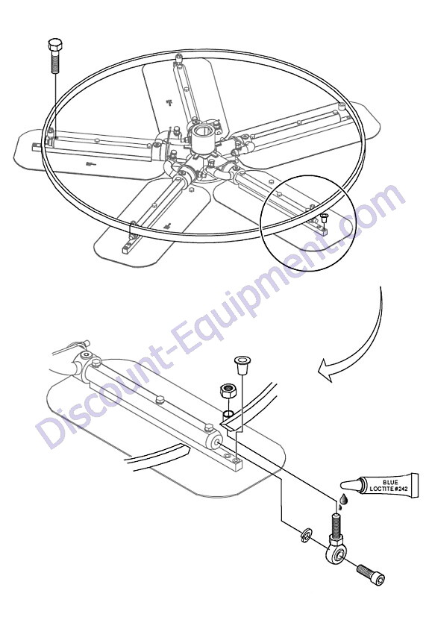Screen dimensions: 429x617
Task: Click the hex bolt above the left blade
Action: tap(55, 55)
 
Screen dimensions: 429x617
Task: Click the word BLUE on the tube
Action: tap(390, 482)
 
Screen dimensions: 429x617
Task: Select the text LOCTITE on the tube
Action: tap(383, 489)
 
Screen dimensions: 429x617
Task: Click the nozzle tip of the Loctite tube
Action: tap(342, 485)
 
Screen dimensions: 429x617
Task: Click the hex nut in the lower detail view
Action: tap(226, 391)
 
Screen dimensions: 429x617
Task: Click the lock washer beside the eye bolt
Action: tap(307, 536)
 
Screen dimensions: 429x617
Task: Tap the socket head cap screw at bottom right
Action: tap(370, 574)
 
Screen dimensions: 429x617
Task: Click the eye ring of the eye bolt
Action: tap(337, 554)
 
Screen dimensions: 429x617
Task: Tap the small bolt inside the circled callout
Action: tap(325, 218)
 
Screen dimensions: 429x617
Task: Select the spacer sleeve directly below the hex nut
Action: tap(228, 414)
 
